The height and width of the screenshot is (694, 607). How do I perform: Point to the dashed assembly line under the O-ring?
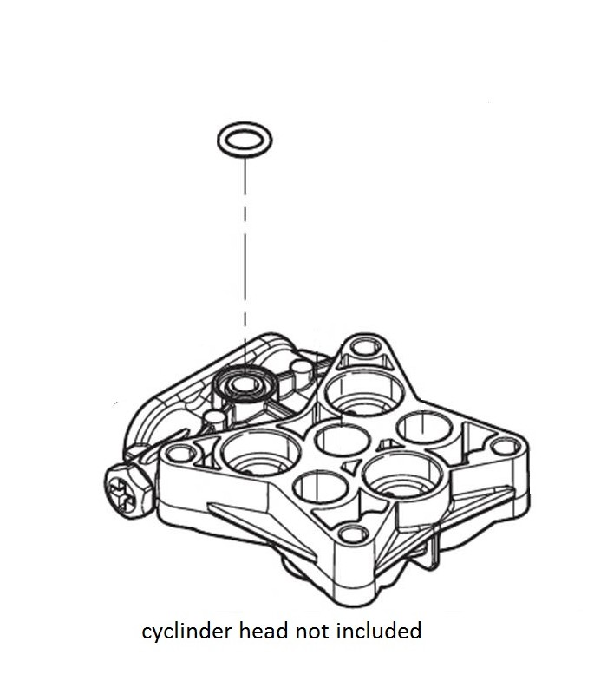(x=246, y=260)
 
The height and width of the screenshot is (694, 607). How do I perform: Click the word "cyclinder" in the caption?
(x=180, y=631)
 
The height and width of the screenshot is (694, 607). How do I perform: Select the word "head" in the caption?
(x=258, y=631)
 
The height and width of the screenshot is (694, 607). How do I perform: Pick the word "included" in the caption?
(x=378, y=631)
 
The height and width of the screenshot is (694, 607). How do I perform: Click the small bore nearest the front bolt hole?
(x=319, y=485)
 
